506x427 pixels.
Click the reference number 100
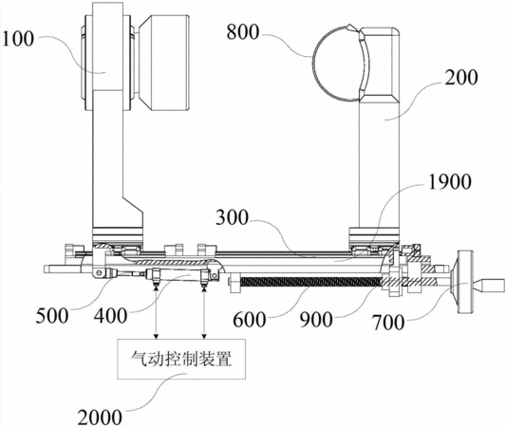point(18,39)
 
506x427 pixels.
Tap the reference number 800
point(243,32)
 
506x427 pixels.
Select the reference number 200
point(461,78)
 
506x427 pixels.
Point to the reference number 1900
point(449,182)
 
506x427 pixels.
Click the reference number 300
point(232,217)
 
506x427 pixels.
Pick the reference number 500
point(52,315)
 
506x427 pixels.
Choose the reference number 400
point(110,316)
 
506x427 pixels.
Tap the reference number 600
point(250,320)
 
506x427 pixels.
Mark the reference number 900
point(316,320)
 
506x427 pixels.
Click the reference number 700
point(388,323)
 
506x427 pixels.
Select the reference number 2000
point(100,418)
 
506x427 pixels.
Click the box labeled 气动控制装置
point(181,359)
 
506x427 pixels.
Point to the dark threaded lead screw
point(311,282)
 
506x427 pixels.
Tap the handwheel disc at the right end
point(463,282)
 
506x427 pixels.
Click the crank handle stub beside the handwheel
point(489,285)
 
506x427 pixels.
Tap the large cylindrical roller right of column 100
point(164,64)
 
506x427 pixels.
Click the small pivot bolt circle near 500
point(99,273)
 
